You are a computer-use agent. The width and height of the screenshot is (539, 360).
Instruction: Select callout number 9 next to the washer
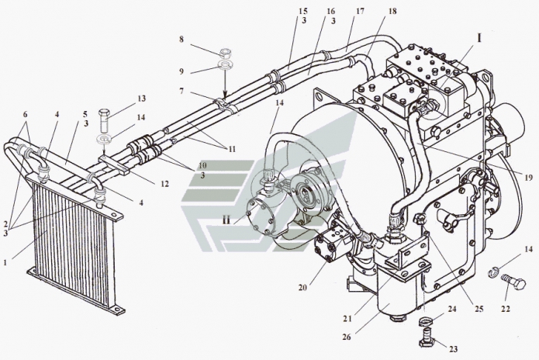coord(181,71)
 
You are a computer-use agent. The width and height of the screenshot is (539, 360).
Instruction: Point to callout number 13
coord(141,99)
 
